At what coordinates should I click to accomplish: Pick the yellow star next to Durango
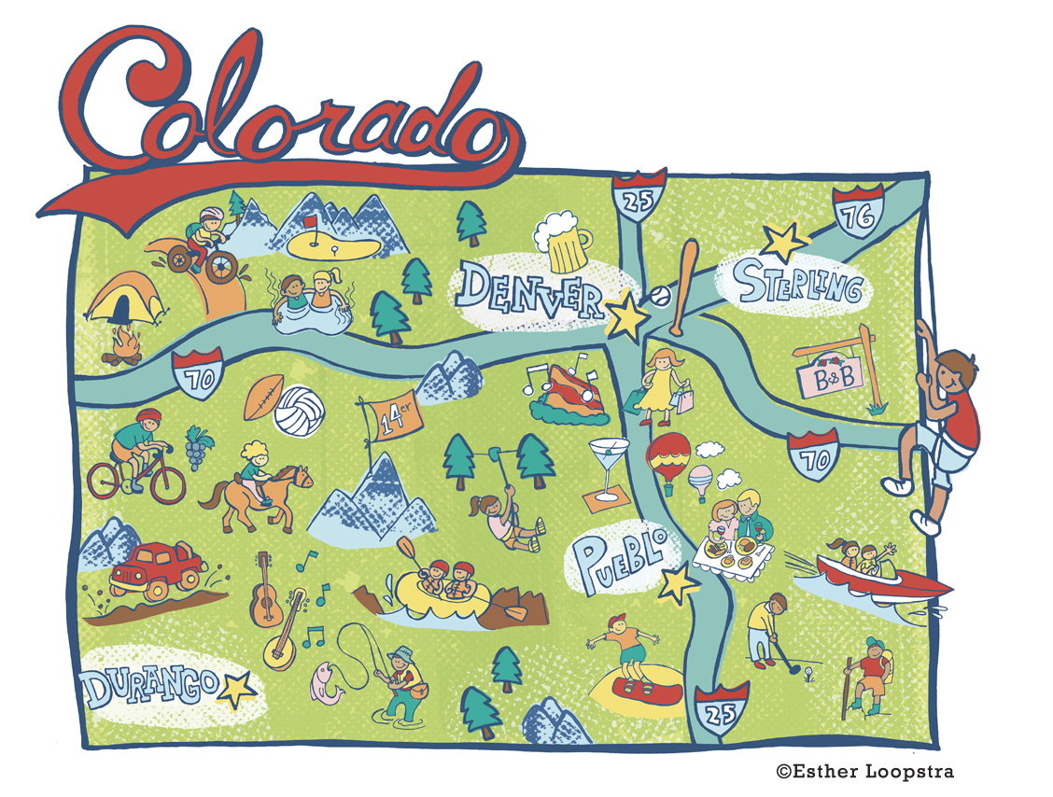236,690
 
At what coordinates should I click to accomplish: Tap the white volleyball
298,410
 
